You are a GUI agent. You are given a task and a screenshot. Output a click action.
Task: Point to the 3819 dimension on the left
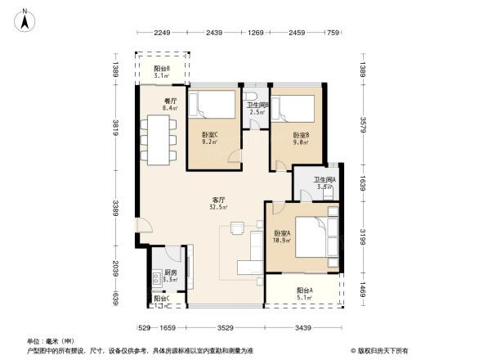click(118, 129)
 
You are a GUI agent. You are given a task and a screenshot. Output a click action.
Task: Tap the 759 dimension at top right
click(333, 33)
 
